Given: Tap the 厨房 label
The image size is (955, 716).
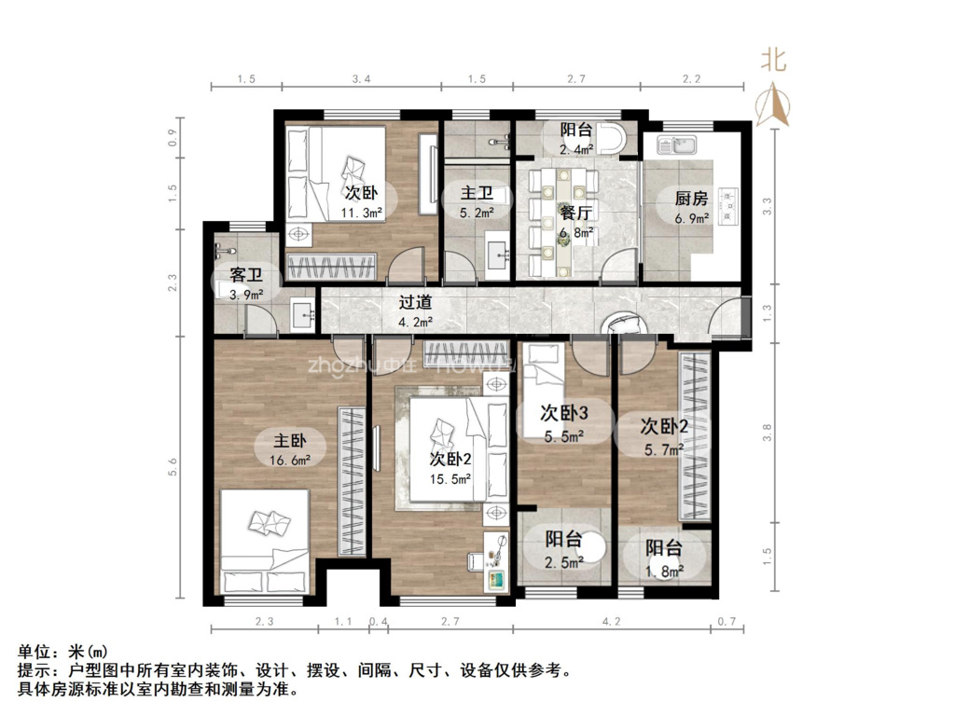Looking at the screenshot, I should tap(691, 199).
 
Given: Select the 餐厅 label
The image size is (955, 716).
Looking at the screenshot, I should tap(576, 212).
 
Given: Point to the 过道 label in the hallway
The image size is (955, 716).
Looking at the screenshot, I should tap(415, 302).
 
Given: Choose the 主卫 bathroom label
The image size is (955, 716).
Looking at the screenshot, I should tap(477, 195).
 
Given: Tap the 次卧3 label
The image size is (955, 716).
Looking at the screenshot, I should tap(563, 413).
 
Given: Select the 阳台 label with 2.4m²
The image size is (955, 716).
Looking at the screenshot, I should tap(575, 131).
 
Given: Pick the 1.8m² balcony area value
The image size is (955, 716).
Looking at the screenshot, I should tap(663, 571).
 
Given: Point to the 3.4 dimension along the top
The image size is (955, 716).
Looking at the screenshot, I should tap(361, 79).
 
